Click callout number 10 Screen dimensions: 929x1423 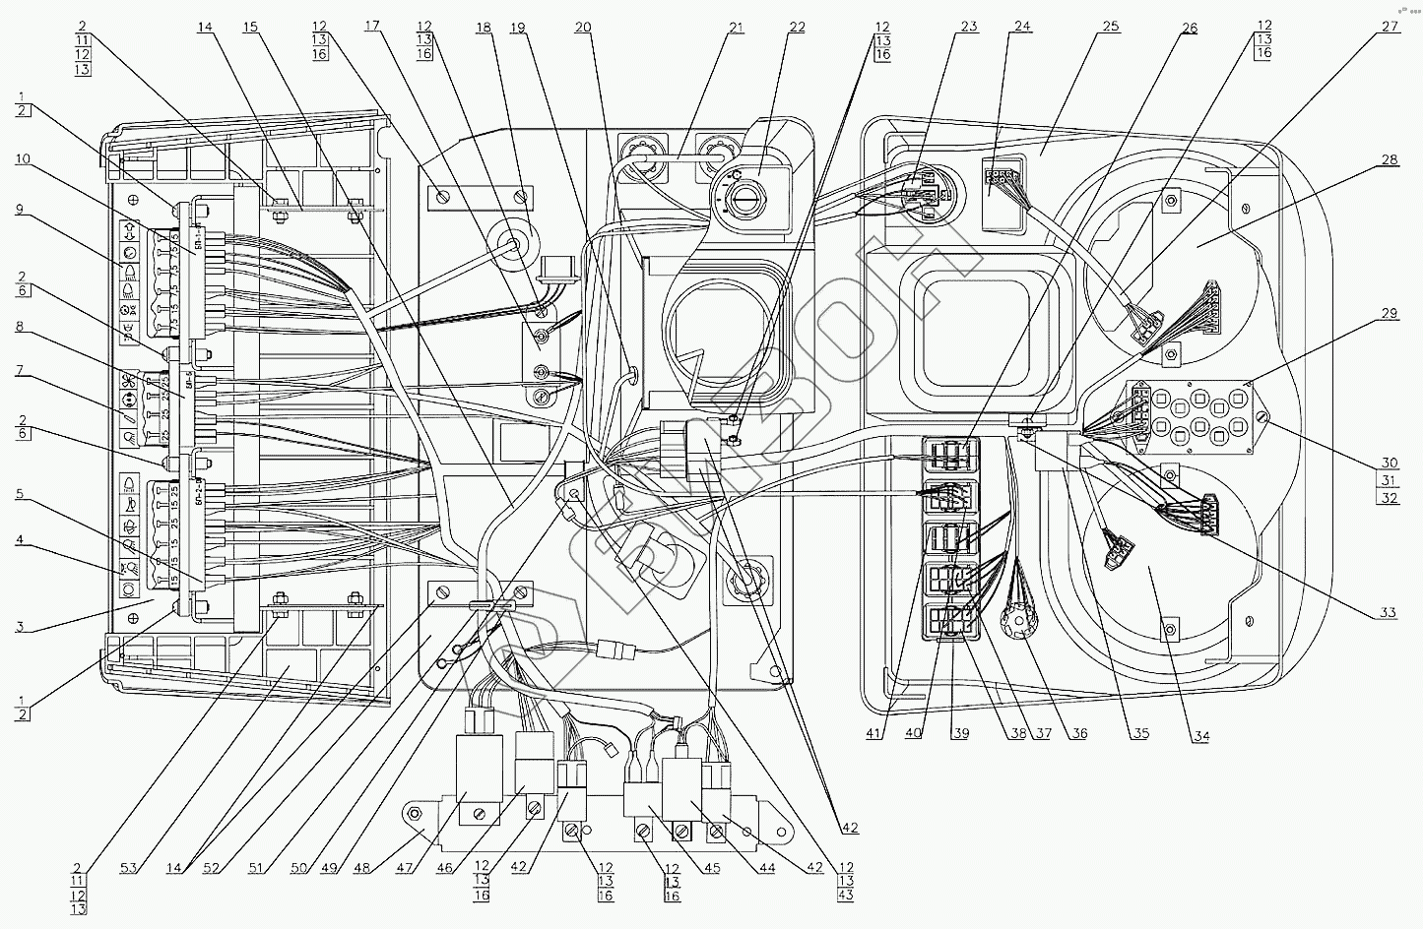[x=22, y=158]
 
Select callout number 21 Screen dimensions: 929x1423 [x=736, y=27]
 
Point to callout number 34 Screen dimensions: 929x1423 [x=1200, y=734]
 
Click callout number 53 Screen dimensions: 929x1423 [x=130, y=868]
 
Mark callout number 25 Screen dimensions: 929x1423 [x=1111, y=27]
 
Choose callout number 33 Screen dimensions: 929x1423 [x=1388, y=612]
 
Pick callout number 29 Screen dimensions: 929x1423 [x=1388, y=313]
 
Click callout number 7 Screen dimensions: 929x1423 [x=22, y=375]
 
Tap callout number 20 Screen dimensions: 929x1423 [x=583, y=27]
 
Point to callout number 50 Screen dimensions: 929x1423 [x=301, y=868]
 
